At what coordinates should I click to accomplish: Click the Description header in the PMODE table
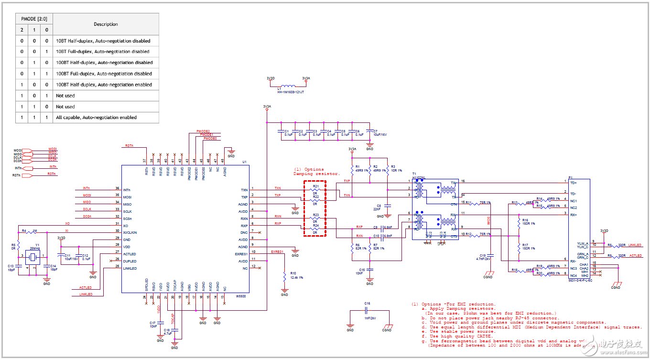point(106,24)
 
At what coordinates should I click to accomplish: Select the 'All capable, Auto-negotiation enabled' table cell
point(96,118)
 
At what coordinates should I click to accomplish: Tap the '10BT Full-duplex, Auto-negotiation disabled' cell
point(103,52)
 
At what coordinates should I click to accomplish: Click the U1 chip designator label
point(244,162)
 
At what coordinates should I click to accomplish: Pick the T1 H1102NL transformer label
point(419,176)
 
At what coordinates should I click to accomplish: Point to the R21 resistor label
point(315,186)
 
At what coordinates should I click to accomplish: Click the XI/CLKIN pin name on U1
point(130,232)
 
